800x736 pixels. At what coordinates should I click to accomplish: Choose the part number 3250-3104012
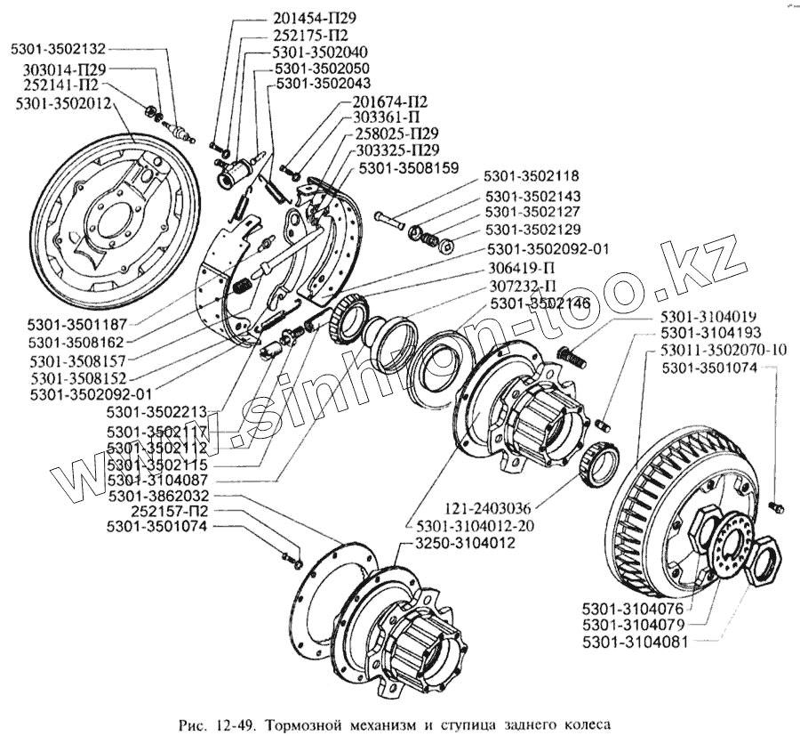462,543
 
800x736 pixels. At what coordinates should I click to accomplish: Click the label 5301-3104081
634,640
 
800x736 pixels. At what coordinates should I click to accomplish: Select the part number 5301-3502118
532,176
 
